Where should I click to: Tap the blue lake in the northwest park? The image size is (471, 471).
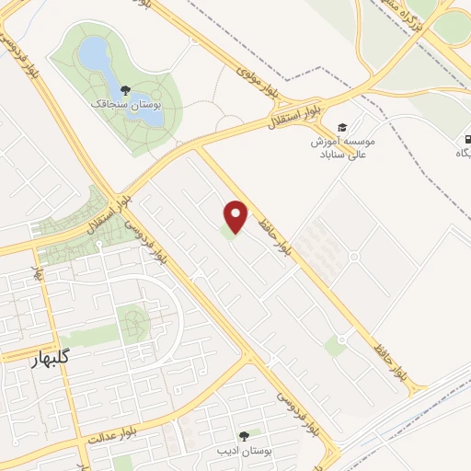[96, 57]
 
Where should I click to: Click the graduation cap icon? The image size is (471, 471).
[341, 127]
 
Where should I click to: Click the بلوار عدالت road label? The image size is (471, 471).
[118, 430]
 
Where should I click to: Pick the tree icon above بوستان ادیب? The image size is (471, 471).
[244, 436]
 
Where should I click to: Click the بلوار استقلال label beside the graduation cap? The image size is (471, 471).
[293, 114]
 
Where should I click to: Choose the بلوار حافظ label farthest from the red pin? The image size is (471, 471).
[392, 361]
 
